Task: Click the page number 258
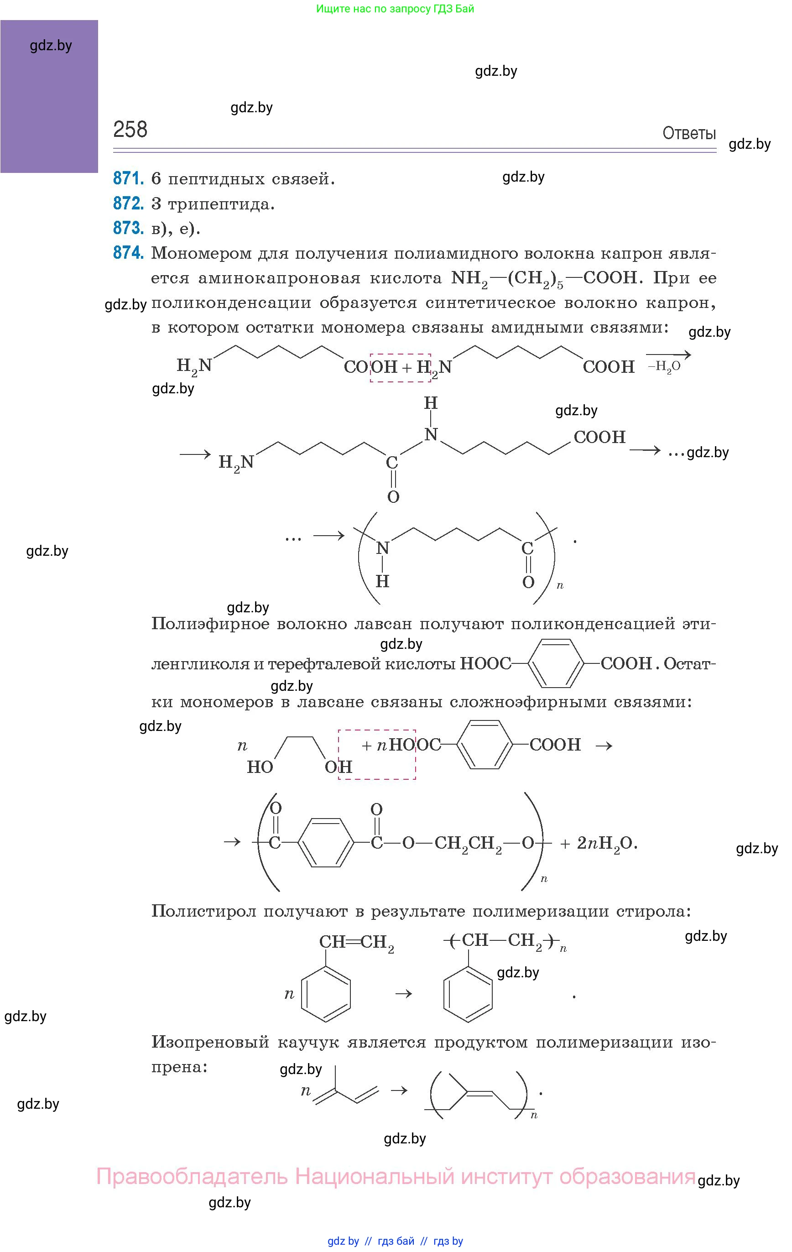point(130,130)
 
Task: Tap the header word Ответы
point(688,134)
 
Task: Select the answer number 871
point(128,178)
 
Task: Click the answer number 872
point(128,203)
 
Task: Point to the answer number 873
point(128,228)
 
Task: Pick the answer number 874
point(128,253)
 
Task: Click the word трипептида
point(221,204)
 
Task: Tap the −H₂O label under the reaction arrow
point(664,366)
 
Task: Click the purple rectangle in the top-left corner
point(49,96)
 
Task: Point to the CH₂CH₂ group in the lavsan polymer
point(468,843)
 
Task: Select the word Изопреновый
point(210,1043)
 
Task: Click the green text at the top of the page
point(395,9)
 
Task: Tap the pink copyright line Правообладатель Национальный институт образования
point(396,1177)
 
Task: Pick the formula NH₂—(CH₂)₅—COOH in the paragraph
point(543,279)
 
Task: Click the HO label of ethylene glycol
point(260,767)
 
